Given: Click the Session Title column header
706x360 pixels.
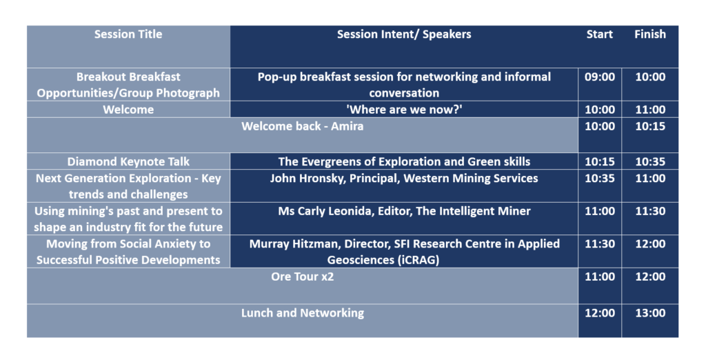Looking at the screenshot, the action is pyautogui.click(x=128, y=34).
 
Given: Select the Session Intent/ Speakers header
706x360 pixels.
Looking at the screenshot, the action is pyautogui.click(x=404, y=34).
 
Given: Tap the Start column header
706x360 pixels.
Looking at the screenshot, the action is pyautogui.click(x=599, y=34).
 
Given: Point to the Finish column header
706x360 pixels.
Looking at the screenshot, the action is pyautogui.click(x=649, y=34).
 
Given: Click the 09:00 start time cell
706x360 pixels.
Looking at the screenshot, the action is pyautogui.click(x=600, y=77).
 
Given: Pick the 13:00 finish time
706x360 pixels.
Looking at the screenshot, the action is pyautogui.click(x=650, y=312).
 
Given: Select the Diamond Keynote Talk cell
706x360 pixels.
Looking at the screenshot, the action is pyautogui.click(x=128, y=161).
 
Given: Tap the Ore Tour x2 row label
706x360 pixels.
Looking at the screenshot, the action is pyautogui.click(x=302, y=276).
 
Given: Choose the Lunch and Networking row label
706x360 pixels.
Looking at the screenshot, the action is pyautogui.click(x=302, y=312).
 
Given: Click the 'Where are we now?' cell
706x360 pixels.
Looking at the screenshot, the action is pyautogui.click(x=404, y=110).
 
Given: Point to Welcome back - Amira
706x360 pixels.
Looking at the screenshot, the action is pyautogui.click(x=302, y=126).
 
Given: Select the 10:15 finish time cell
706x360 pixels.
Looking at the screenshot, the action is pyautogui.click(x=650, y=126).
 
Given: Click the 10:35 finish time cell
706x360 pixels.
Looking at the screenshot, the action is pyautogui.click(x=650, y=161).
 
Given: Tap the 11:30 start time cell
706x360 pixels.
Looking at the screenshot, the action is pyautogui.click(x=600, y=243).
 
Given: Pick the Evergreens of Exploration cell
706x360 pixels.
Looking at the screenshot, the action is pyautogui.click(x=404, y=161).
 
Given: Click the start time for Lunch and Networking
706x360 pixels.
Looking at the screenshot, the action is pyautogui.click(x=600, y=312).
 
